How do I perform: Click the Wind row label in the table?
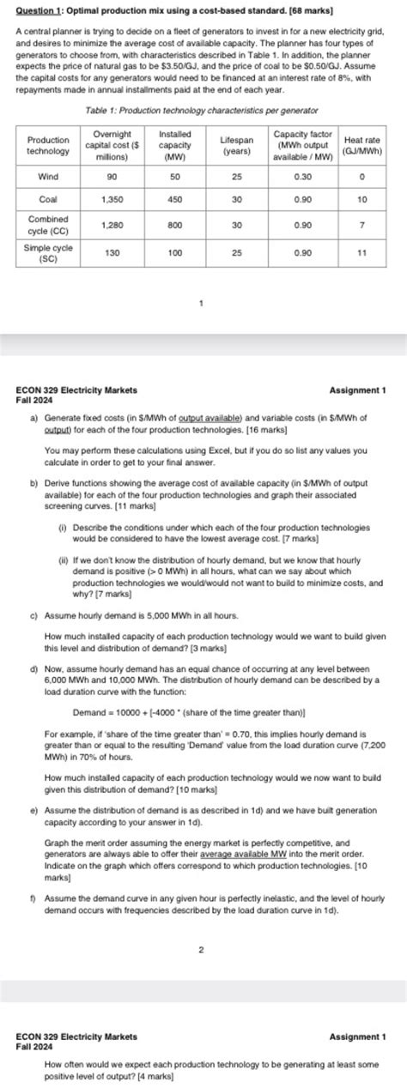tap(48, 176)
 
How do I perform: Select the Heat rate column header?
tap(361, 145)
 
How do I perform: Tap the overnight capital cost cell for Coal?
tap(112, 199)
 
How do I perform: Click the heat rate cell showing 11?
tap(361, 253)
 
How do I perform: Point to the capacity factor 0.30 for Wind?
tap(302, 176)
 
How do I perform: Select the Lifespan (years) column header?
tap(236, 145)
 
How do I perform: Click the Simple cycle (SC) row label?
tap(48, 253)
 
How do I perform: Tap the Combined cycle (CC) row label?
tap(48, 226)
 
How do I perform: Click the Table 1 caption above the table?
tap(203, 112)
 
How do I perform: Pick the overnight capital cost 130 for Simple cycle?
tap(112, 253)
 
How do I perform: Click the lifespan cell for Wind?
tap(236, 176)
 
